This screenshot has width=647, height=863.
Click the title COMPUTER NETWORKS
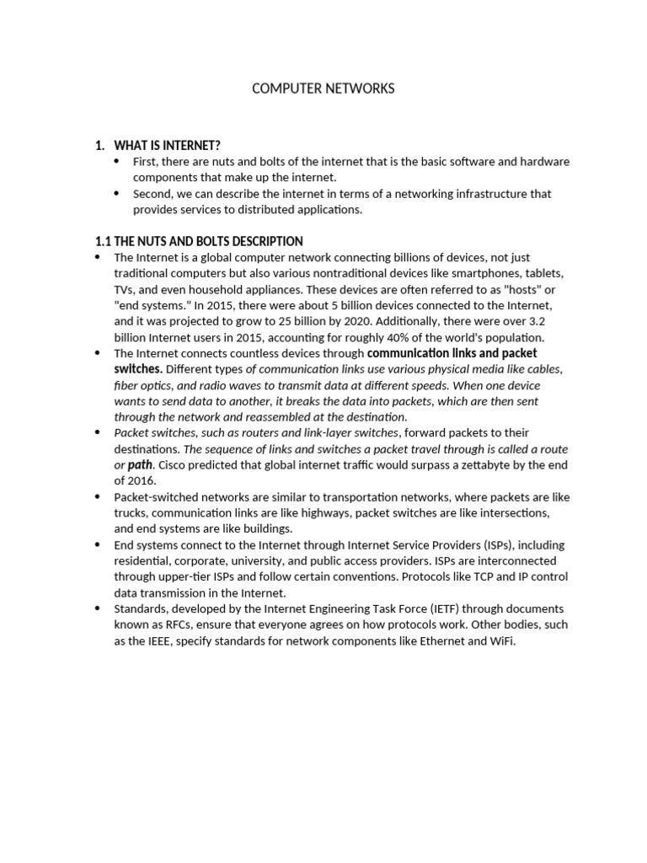click(323, 88)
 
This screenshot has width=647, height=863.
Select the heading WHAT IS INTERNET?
click(167, 146)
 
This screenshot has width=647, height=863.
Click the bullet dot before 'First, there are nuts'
click(115, 160)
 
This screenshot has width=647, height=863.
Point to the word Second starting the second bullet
click(152, 193)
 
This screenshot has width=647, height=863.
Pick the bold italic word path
click(140, 465)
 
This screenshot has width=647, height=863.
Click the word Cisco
click(174, 465)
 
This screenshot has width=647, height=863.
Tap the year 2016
click(142, 481)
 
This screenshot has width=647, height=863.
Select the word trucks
click(132, 512)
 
